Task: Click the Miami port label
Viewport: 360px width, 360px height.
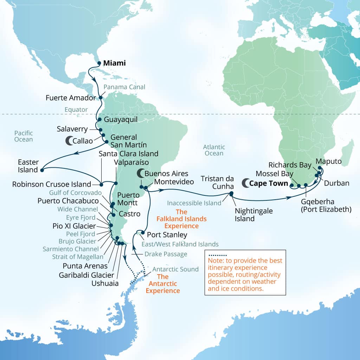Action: [114, 63]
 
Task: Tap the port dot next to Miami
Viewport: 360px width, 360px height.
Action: [99, 64]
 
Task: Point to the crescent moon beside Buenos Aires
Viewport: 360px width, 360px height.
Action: [140, 173]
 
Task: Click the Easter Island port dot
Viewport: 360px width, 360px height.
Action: [42, 170]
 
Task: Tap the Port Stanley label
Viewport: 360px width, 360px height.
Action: [167, 234]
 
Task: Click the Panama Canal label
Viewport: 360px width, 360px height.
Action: [124, 87]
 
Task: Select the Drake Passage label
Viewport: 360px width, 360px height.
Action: [166, 254]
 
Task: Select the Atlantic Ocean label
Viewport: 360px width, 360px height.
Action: [214, 150]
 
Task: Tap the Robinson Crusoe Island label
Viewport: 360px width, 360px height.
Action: [52, 184]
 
